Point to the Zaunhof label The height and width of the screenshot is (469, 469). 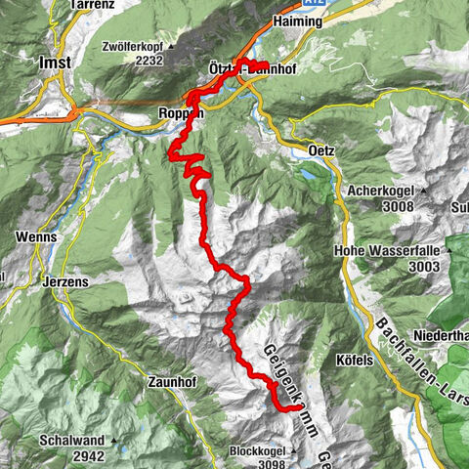pos(173,380)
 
